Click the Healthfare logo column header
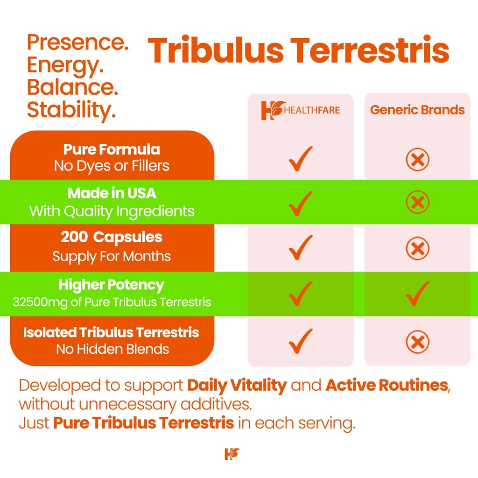tap(300, 110)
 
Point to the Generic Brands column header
tap(417, 110)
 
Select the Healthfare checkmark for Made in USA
tap(300, 203)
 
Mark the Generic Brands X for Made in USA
tap(417, 203)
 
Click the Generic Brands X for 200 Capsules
tap(417, 248)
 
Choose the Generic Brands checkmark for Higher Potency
tap(417, 293)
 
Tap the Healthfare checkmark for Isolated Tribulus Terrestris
tap(300, 341)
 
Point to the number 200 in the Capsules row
tap(74, 238)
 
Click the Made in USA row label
tap(112, 193)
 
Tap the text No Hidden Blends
tap(112, 349)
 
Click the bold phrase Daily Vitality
tap(237, 386)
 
